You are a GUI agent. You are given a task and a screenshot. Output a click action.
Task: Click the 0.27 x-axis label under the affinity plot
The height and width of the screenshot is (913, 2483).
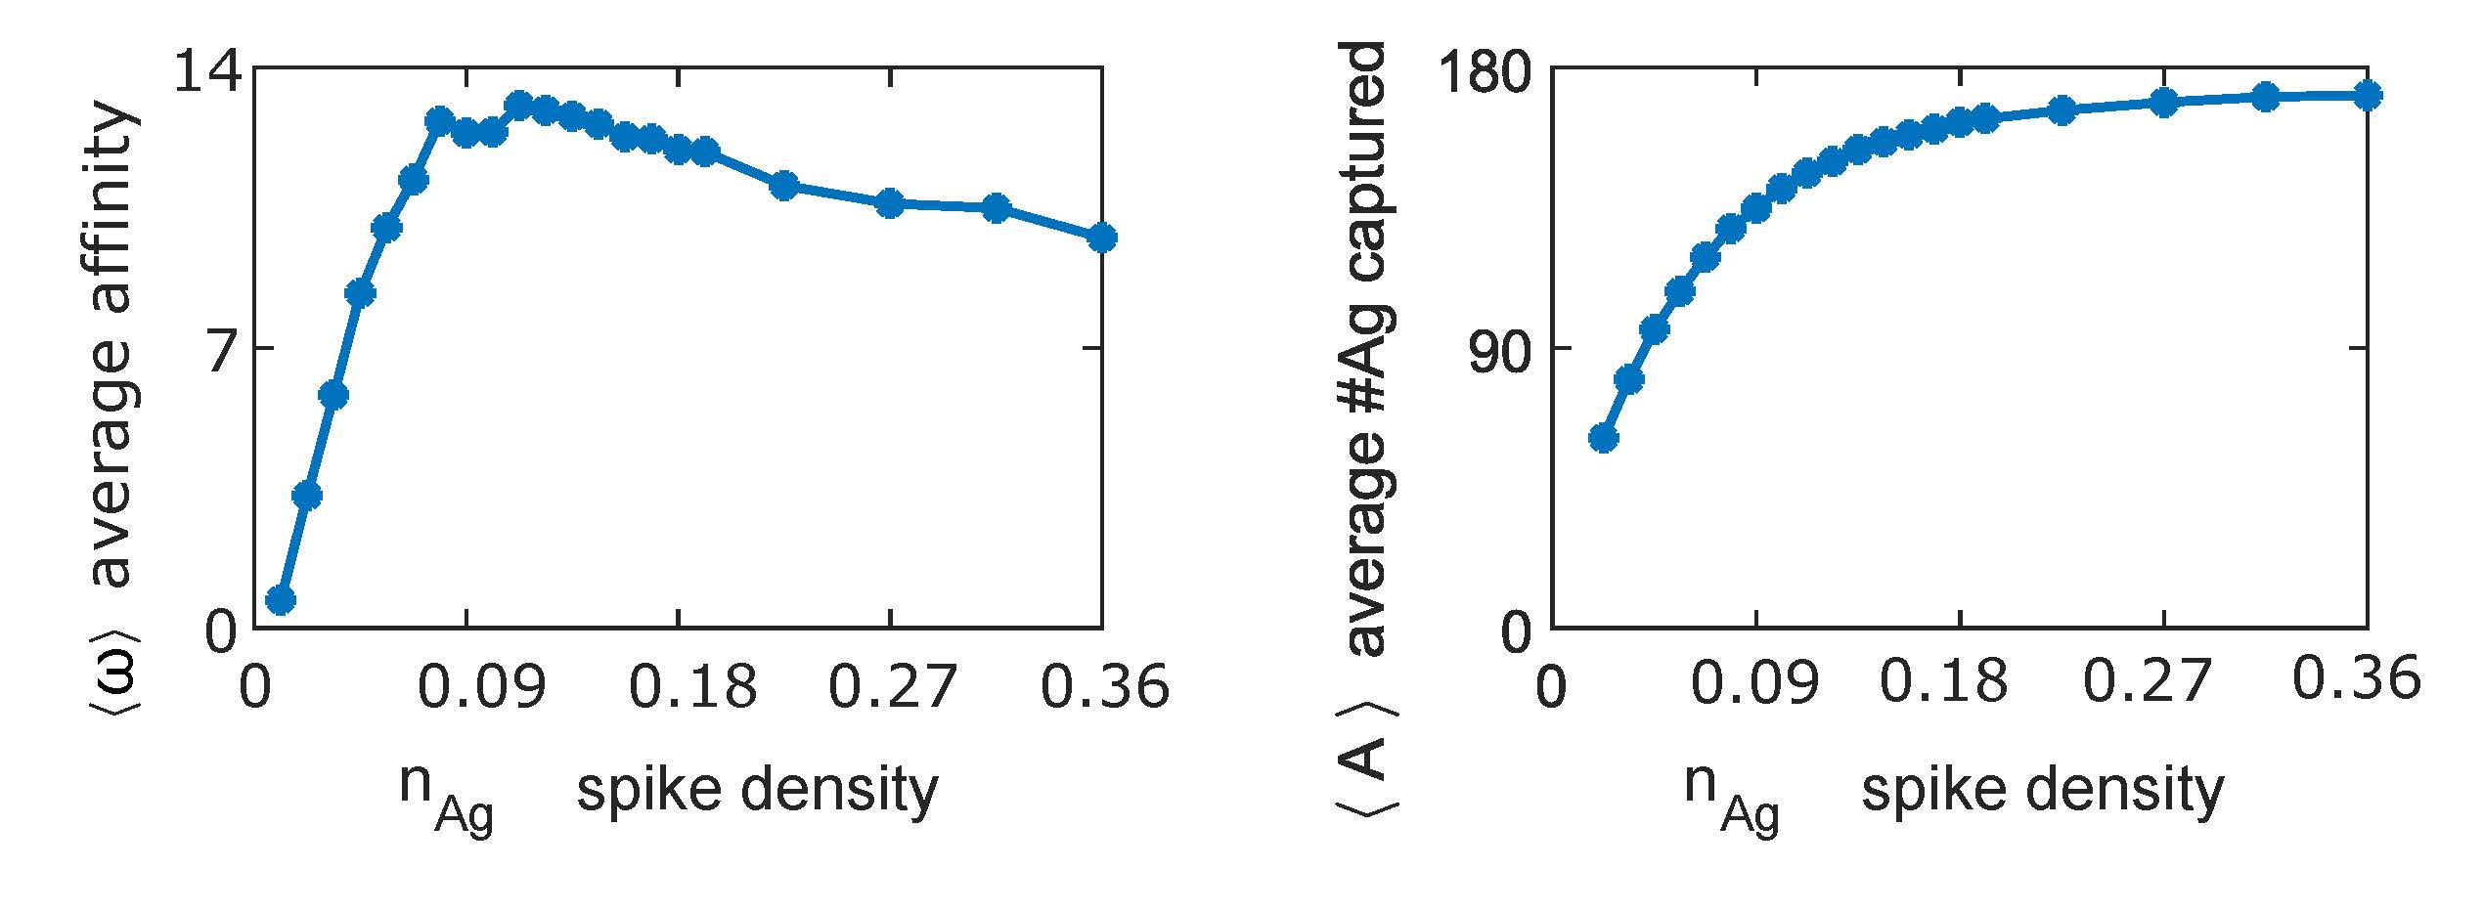point(890,686)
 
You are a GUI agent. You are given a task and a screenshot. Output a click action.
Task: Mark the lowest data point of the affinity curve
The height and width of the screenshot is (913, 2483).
point(281,599)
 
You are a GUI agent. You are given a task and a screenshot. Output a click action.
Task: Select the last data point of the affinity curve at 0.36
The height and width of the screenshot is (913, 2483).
point(1101,238)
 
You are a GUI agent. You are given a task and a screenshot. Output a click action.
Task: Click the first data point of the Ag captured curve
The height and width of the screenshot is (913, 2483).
point(1603,438)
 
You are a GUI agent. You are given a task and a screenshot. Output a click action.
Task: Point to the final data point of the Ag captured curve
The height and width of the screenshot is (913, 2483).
point(2367,96)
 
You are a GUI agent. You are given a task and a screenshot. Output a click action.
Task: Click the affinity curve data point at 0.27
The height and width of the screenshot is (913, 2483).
point(890,203)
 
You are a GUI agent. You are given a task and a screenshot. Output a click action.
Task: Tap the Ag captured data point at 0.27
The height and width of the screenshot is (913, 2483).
point(2164,103)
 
